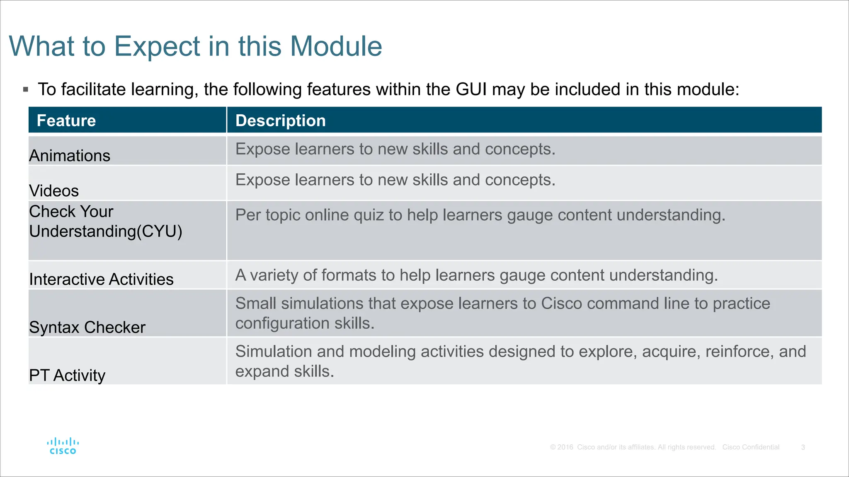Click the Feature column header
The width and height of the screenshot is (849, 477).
click(x=66, y=120)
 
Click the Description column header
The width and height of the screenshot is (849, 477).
click(x=280, y=120)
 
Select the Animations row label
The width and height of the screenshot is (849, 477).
click(x=70, y=156)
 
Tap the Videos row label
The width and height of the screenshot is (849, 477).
click(x=54, y=191)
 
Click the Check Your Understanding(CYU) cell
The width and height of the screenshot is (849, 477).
click(x=105, y=222)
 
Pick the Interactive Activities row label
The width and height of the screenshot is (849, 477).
click(x=101, y=279)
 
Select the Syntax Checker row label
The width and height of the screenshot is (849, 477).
click(x=87, y=328)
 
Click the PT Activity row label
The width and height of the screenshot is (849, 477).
click(x=67, y=376)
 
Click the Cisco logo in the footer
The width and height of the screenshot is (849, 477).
click(x=63, y=446)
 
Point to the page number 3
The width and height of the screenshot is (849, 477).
click(x=803, y=447)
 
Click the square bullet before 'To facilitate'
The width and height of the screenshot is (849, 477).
click(x=26, y=89)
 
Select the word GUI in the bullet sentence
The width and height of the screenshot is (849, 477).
click(x=471, y=89)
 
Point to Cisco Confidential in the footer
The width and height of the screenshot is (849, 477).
click(x=751, y=447)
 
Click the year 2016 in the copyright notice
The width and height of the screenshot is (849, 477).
click(x=565, y=447)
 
